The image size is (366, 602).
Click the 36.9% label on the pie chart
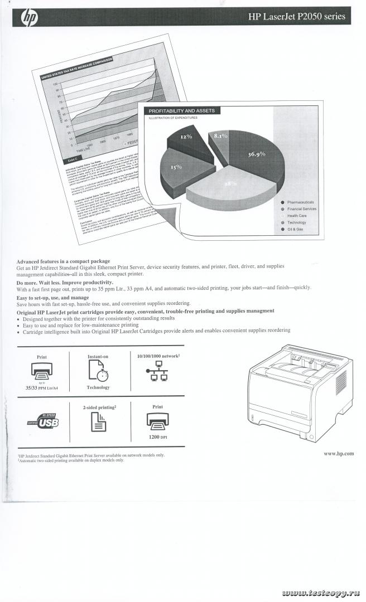256,154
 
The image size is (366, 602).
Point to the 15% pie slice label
176,166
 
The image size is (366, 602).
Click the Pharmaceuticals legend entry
300,202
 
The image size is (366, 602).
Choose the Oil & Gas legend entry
295,229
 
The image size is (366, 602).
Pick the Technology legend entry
296,222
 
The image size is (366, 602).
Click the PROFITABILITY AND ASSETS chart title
181,111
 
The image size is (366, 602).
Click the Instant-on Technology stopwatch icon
98,371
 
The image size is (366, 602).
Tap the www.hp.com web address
339,454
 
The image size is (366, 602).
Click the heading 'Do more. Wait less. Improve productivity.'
65,283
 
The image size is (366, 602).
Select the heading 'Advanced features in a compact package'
63,261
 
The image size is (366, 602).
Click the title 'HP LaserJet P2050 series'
296,17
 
